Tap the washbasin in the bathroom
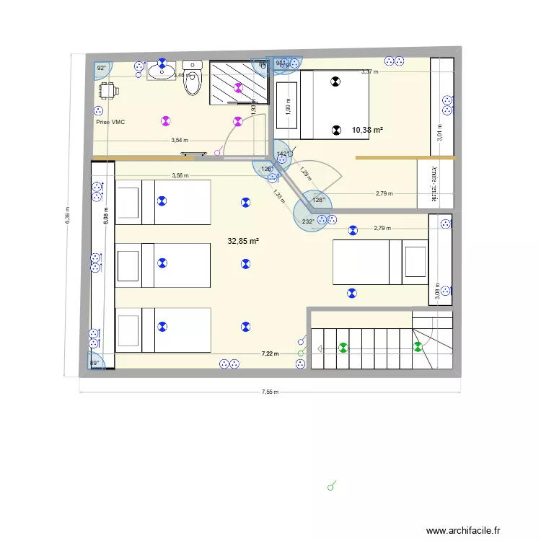(159, 72)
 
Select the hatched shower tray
(238, 83)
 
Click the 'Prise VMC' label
(110, 123)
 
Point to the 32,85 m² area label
(244, 242)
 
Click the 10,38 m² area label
(367, 131)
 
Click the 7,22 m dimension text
(270, 353)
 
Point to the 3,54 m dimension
(180, 141)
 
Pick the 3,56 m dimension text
(180, 175)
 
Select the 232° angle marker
(308, 221)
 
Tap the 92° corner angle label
(102, 68)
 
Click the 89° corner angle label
(94, 364)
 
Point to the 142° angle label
(282, 154)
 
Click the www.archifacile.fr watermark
(472, 531)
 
